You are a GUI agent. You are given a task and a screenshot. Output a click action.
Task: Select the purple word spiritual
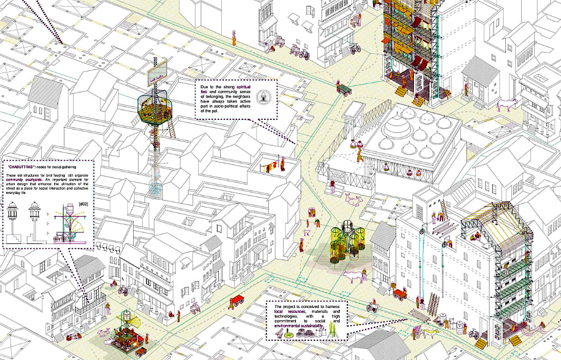coord(244,87)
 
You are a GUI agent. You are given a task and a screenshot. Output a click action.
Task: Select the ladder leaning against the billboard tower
coord(171,127)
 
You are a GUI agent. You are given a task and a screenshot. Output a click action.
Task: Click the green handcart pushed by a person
coord(344,87)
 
